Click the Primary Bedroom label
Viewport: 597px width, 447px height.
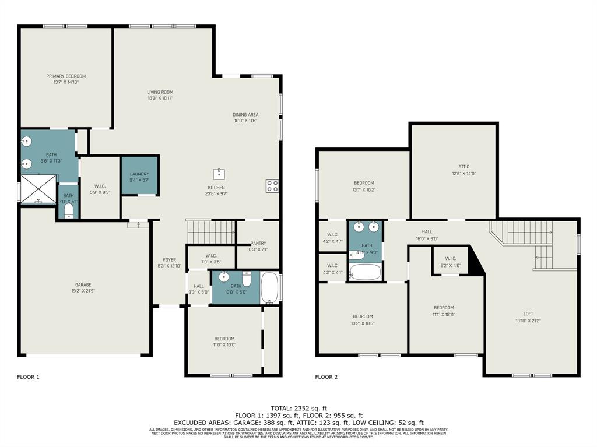(x=66, y=76)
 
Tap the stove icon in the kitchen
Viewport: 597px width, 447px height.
(x=272, y=186)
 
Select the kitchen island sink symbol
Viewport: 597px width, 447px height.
(x=220, y=173)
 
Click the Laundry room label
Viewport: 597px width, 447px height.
(x=139, y=174)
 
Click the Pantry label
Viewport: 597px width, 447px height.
(x=258, y=243)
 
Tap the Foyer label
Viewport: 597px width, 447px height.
(x=169, y=260)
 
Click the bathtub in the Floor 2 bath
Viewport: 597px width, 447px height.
(x=365, y=272)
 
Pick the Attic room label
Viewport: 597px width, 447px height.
(x=464, y=167)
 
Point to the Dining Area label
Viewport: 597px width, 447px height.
(x=245, y=115)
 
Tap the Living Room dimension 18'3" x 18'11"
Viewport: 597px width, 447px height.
(x=160, y=98)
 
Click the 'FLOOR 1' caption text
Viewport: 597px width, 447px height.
(x=29, y=377)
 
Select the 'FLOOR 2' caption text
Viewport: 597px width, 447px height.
(x=326, y=377)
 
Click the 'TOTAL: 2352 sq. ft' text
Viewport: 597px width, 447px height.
(x=298, y=408)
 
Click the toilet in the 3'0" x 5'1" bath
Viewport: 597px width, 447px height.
(x=69, y=210)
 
